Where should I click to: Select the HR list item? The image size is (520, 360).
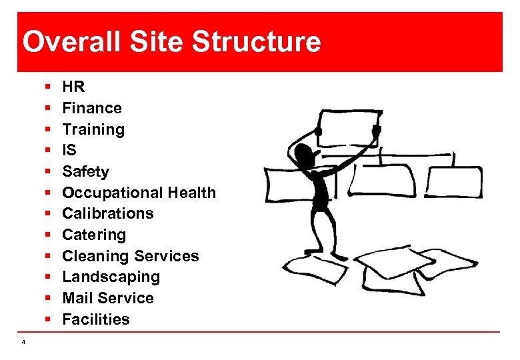(x=73, y=87)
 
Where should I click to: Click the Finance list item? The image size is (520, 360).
(x=92, y=108)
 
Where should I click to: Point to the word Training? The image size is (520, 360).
(x=93, y=129)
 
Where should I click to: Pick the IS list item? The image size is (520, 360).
(x=69, y=151)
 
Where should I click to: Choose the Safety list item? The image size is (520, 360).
(x=85, y=171)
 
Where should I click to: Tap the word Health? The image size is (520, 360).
(x=191, y=193)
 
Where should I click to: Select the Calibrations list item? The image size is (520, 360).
(x=108, y=213)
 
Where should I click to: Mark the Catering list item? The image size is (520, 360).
(x=94, y=235)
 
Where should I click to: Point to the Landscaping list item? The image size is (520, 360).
(x=111, y=277)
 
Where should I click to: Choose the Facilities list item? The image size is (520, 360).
(x=96, y=319)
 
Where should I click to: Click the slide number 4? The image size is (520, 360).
(x=23, y=342)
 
